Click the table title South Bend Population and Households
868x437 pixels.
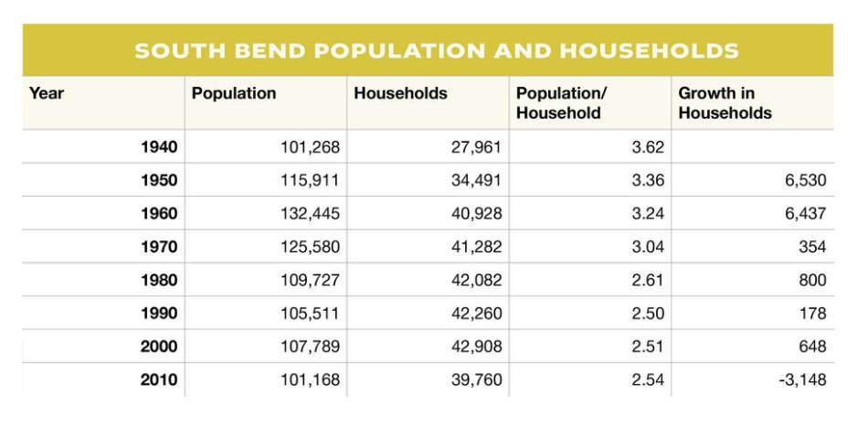click(436, 49)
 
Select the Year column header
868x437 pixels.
click(47, 93)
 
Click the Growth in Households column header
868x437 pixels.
click(725, 103)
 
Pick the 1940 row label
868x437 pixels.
click(159, 146)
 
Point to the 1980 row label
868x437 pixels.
click(159, 280)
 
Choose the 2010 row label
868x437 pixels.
click(159, 380)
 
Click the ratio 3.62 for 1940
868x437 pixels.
click(647, 146)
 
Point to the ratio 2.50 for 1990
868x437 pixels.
click(647, 314)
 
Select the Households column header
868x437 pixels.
click(400, 93)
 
